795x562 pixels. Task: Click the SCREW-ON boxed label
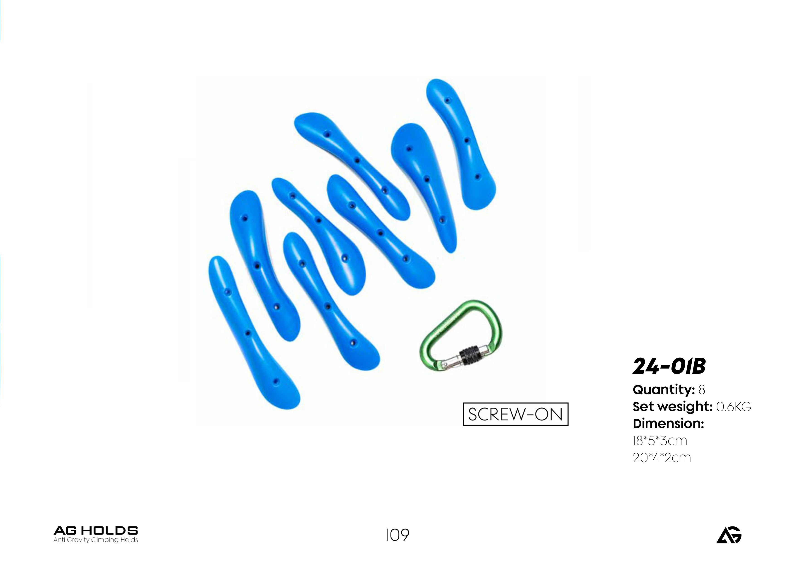pyautogui.click(x=516, y=414)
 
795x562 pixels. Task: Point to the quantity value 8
pyautogui.click(x=701, y=390)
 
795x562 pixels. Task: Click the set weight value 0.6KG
pyautogui.click(x=733, y=407)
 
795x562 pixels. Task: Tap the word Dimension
pyautogui.click(x=668, y=424)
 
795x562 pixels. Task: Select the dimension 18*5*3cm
pyautogui.click(x=660, y=441)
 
